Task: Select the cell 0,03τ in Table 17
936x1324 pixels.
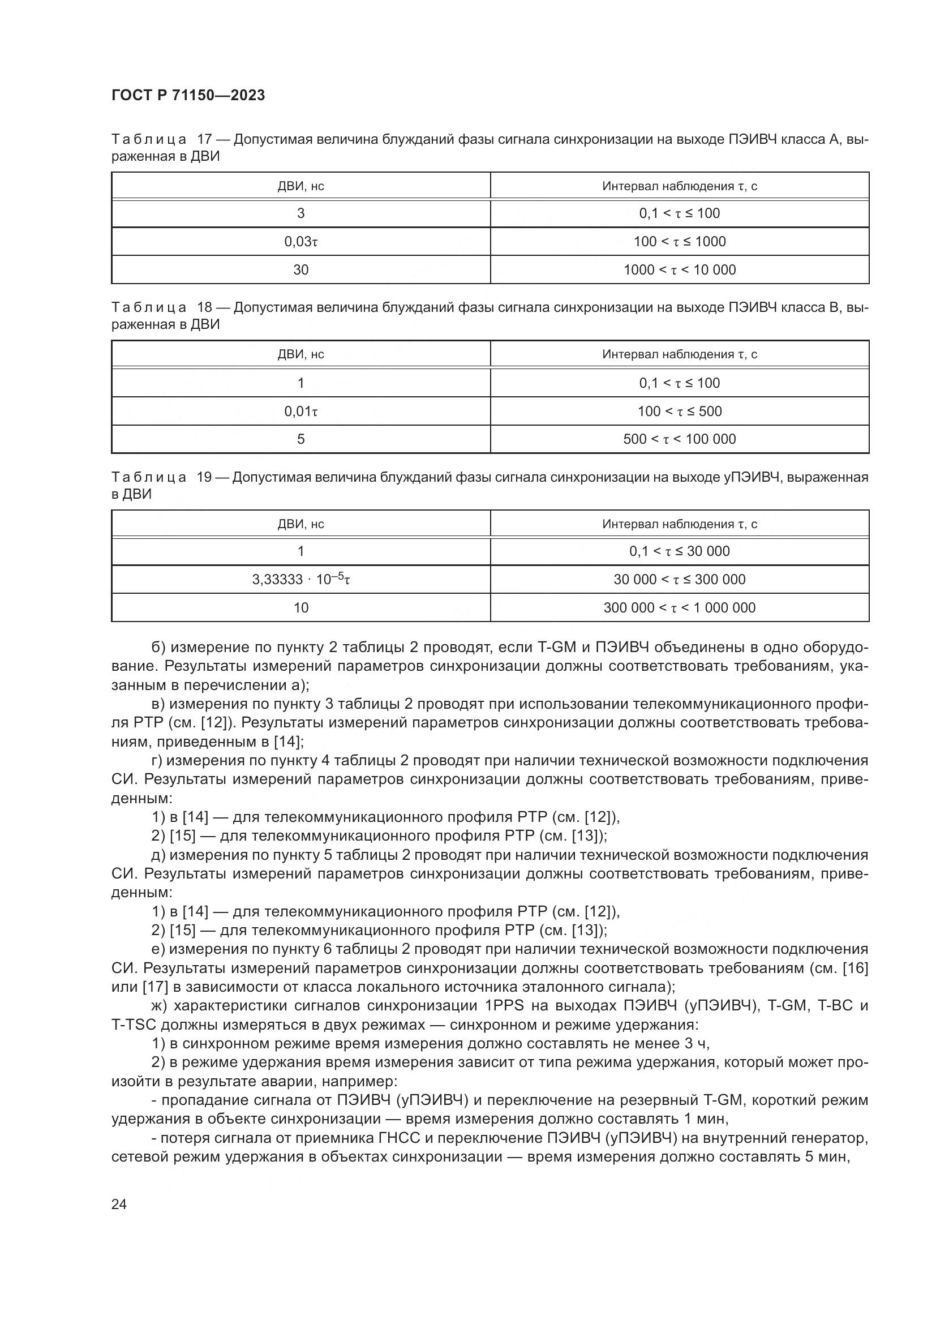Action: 301,242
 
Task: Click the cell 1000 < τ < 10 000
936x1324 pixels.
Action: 680,270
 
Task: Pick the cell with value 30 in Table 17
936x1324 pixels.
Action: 301,270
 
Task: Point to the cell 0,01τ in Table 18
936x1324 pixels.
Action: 301,411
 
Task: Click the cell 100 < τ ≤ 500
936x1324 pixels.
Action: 680,411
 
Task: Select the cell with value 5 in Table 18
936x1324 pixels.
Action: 301,439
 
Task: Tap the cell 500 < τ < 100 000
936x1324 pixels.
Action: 680,439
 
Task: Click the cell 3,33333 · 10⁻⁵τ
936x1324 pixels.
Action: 301,579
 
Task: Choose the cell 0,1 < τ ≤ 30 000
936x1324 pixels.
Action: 680,551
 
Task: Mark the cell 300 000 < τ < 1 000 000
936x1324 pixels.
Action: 680,607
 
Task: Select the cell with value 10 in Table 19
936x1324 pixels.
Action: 301,607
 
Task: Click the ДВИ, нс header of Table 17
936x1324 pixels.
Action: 301,186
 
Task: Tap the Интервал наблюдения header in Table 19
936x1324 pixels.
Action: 680,524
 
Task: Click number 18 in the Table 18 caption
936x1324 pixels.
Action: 205,307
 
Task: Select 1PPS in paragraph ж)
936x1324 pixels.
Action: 501,1006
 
